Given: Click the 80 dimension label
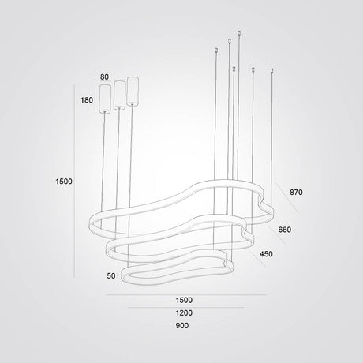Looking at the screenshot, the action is click(x=104, y=77).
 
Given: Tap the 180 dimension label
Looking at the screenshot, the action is click(x=87, y=100).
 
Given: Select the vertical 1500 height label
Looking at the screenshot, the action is click(x=64, y=181).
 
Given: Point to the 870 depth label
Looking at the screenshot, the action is click(x=296, y=193).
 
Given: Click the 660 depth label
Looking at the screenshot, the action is click(x=285, y=230).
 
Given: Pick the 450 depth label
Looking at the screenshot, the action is click(x=266, y=254).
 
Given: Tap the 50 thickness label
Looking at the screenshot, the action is click(x=111, y=275).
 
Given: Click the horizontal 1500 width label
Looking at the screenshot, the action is click(x=184, y=300).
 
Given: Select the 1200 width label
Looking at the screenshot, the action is click(x=184, y=312).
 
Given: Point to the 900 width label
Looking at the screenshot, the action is click(x=182, y=325).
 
